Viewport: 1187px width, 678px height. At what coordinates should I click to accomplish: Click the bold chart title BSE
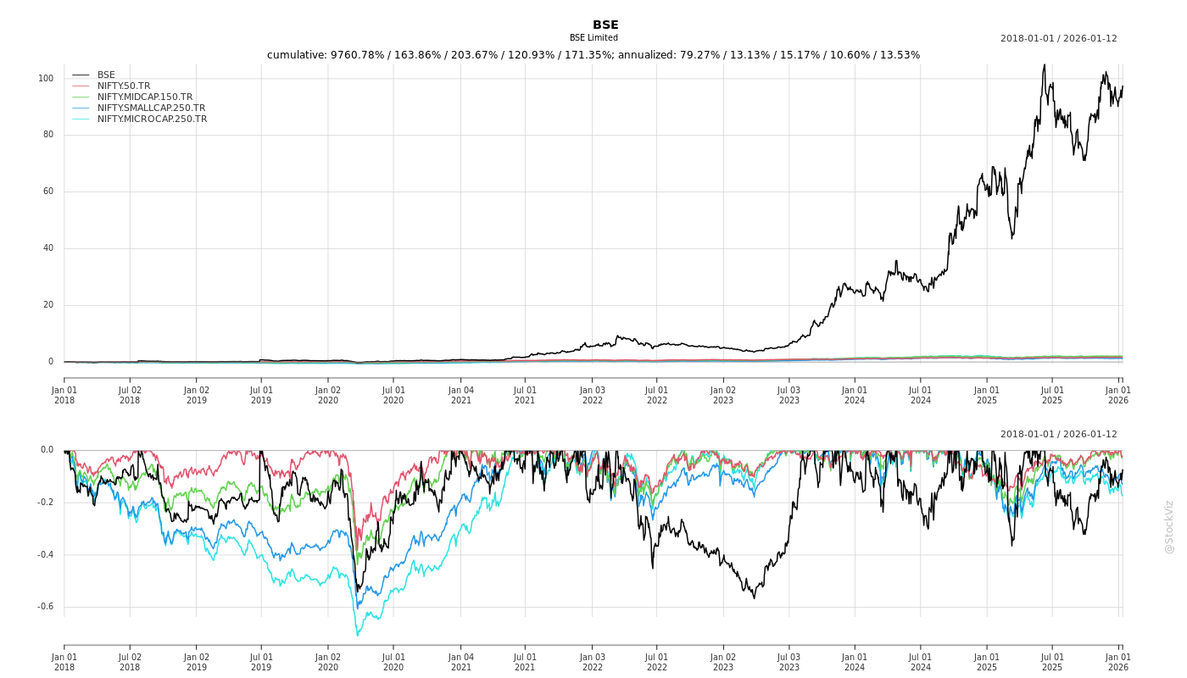[x=605, y=25]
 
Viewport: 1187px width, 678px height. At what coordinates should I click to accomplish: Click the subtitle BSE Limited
[x=593, y=38]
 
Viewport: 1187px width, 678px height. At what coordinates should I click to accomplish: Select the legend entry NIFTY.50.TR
[x=123, y=86]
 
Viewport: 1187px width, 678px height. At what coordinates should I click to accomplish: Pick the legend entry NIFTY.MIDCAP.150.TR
[x=144, y=97]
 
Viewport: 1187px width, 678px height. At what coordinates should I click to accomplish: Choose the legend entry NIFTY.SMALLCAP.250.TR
[x=151, y=108]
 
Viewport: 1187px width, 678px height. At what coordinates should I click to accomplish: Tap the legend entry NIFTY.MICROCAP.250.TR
[x=152, y=119]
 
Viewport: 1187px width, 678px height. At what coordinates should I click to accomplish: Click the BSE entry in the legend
[x=106, y=75]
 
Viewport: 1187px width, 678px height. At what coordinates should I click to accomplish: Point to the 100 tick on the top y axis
[x=46, y=79]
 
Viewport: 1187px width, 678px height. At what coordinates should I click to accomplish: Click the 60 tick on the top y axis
[x=48, y=192]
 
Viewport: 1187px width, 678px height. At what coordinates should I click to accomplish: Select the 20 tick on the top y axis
[x=48, y=305]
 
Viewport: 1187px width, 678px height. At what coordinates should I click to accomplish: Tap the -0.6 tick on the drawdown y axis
[x=45, y=607]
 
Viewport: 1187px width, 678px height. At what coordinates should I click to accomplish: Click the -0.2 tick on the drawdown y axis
[x=45, y=503]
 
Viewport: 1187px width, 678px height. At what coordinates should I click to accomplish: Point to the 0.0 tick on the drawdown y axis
[x=47, y=450]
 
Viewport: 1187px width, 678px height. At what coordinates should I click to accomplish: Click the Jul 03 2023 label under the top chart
[x=789, y=395]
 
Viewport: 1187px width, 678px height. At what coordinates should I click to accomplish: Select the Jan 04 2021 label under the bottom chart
[x=460, y=662]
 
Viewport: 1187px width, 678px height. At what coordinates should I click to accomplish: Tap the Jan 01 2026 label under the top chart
[x=1118, y=395]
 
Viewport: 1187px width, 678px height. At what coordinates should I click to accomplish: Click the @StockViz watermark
[x=1169, y=527]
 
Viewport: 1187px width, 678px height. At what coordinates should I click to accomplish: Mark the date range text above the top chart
[x=1058, y=38]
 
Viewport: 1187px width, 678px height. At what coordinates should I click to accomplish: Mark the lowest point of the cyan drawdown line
[x=357, y=635]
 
